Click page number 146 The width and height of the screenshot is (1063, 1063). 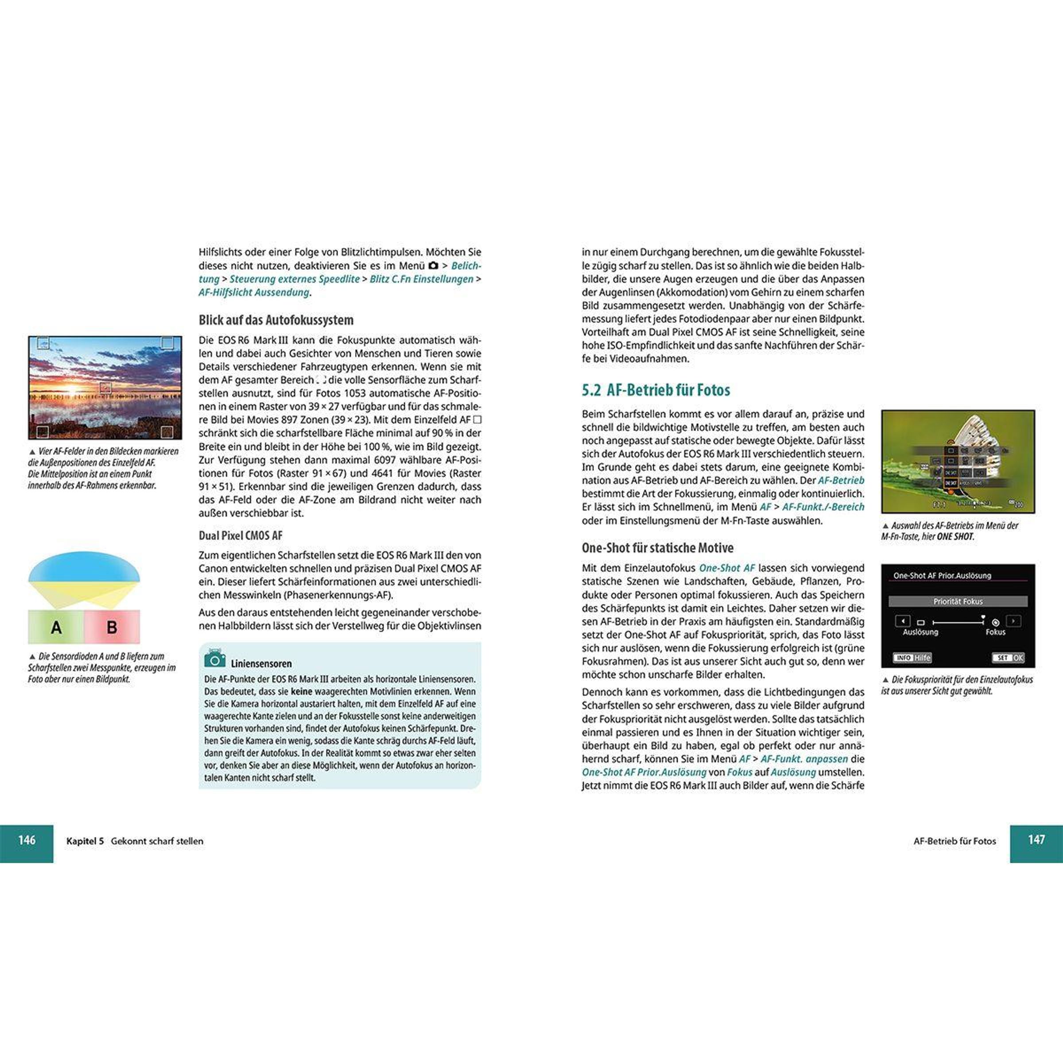click(x=27, y=840)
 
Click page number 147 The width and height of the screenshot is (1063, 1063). click(x=1036, y=840)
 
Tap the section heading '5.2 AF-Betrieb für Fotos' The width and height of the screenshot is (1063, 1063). click(x=656, y=390)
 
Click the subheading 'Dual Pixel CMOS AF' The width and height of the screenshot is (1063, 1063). click(x=241, y=535)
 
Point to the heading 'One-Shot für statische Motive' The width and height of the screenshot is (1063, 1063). click(x=657, y=547)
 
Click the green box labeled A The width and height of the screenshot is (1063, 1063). click(x=56, y=627)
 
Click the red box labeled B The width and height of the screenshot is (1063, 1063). click(x=112, y=627)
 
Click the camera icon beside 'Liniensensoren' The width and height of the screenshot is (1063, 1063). click(x=214, y=659)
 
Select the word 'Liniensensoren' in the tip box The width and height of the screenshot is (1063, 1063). click(x=261, y=663)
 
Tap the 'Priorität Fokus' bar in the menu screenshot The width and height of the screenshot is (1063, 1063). click(x=957, y=601)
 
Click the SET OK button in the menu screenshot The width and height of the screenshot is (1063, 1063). click(x=1008, y=657)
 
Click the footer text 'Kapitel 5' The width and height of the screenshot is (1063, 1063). click(x=85, y=841)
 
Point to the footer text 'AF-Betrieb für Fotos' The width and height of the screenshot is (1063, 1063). click(x=954, y=841)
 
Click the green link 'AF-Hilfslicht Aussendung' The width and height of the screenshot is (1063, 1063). click(x=254, y=293)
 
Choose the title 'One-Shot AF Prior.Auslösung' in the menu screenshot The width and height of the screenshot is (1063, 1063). click(x=942, y=575)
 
